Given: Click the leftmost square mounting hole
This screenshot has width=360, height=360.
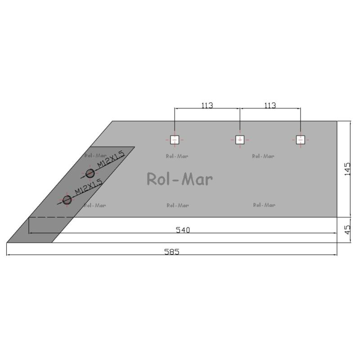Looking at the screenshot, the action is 175,139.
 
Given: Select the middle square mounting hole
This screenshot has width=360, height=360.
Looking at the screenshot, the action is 240,139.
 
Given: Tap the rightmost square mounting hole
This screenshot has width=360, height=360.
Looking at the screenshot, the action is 300,139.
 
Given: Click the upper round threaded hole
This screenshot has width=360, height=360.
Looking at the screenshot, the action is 90,174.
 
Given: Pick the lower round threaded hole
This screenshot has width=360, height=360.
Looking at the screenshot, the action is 67,200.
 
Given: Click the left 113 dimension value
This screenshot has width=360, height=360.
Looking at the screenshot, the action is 207,105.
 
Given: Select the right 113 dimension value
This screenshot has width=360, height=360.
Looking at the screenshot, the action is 270,105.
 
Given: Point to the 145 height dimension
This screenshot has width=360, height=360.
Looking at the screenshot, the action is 347,169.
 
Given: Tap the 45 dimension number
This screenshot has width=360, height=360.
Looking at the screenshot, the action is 347,230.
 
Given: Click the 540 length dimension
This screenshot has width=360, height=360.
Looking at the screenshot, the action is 183,230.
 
